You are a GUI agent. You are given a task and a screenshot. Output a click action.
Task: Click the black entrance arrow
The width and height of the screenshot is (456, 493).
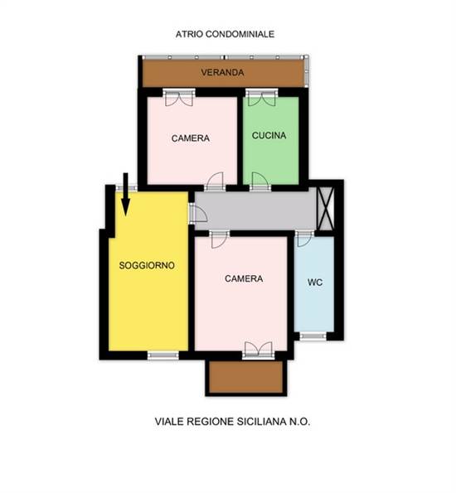pos(125,194)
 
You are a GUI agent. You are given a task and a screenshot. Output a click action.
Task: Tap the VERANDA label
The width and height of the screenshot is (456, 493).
pos(222,73)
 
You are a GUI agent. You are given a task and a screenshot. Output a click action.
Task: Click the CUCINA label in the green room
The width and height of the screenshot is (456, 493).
pos(269,136)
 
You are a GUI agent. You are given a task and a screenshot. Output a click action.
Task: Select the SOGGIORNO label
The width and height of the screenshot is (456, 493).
pos(147,265)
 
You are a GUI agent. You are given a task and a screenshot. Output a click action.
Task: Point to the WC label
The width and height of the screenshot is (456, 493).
pos(315,283)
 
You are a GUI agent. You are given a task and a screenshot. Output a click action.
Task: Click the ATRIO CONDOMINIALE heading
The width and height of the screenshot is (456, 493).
pos(225,34)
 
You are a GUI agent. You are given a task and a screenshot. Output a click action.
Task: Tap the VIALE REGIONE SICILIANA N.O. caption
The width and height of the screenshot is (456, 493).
pos(233,421)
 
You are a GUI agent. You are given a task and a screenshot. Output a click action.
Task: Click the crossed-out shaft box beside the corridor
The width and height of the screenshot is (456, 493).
pos(326,209)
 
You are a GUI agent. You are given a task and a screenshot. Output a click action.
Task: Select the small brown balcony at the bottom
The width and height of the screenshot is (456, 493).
pos(246,377)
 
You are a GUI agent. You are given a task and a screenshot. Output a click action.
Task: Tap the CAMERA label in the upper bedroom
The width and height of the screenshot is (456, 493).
pos(191,138)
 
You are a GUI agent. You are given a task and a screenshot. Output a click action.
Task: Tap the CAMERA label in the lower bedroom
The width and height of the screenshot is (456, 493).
pos(244,278)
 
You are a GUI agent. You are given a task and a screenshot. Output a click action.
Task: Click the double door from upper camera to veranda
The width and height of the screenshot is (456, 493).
pos(179,98)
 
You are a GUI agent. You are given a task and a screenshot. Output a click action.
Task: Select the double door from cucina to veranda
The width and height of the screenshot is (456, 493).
pos(262,98)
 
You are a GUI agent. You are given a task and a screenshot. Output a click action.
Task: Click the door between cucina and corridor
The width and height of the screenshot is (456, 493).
pos(260,182)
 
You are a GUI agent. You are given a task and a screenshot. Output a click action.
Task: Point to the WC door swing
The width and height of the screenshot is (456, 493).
pos(304,239)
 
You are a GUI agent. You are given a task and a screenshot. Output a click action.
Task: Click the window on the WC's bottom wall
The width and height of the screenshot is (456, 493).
pos(313,336)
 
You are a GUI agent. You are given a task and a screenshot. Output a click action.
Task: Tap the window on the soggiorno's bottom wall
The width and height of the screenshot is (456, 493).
pos(163,355)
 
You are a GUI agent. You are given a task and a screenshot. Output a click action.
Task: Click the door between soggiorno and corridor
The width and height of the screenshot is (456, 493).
pos(197,213)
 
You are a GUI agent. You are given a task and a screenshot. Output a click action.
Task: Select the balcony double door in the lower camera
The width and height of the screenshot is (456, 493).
pos(259,350)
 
